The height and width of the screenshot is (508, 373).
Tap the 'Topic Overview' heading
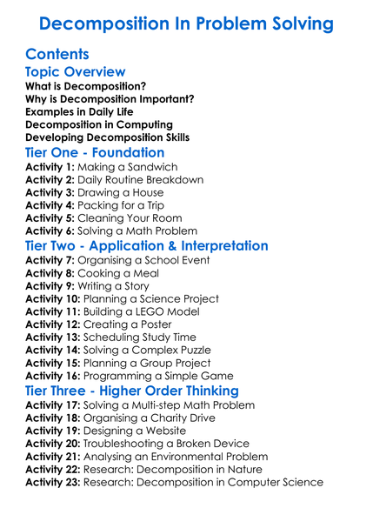[x=76, y=72]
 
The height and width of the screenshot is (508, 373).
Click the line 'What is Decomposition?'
[x=86, y=87]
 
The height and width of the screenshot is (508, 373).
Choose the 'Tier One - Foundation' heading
[x=96, y=152]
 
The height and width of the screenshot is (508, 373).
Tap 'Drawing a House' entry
[x=124, y=193]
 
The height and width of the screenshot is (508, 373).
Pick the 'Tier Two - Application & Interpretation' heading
[x=147, y=246]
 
